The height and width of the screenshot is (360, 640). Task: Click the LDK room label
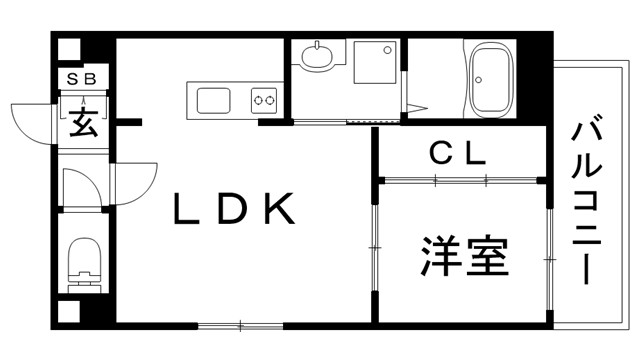[x=235, y=209]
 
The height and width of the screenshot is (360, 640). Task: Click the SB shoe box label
[x=82, y=78]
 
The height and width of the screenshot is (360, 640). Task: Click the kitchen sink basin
[x=214, y=101]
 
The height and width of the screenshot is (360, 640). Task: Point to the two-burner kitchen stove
[x=264, y=100]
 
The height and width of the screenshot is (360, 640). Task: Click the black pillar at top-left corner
[x=66, y=47]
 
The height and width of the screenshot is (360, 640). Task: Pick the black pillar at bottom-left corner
[x=66, y=310]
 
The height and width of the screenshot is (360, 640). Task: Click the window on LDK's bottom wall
[x=241, y=325]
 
